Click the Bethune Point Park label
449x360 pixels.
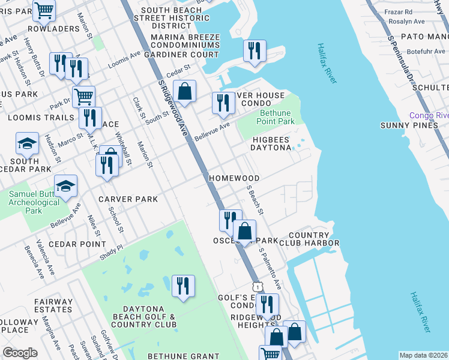(x=277, y=117)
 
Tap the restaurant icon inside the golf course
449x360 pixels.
(x=183, y=285)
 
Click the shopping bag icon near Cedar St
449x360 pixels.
(x=185, y=92)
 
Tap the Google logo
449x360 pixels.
(x=20, y=353)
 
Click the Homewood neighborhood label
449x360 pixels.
(x=234, y=179)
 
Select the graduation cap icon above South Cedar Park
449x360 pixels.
(x=27, y=143)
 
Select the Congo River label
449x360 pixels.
(x=429, y=115)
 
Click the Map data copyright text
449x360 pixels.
(x=423, y=355)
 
